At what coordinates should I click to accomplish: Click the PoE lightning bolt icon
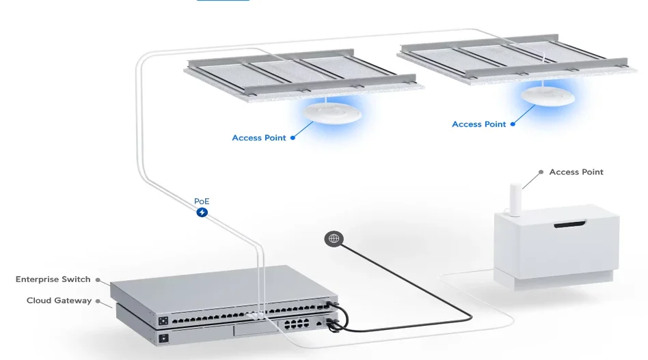[202, 212]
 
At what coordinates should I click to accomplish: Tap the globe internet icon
[334, 238]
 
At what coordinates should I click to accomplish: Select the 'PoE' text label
[202, 201]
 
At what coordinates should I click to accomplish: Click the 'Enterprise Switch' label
[53, 279]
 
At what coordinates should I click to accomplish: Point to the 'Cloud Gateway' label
[59, 301]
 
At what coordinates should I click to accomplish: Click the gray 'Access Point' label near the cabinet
[576, 172]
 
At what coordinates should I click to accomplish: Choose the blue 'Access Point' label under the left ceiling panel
[259, 138]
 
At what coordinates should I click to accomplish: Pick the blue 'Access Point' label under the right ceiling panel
[479, 124]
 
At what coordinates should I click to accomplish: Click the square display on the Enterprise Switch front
[164, 320]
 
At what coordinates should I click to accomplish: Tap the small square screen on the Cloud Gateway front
[164, 338]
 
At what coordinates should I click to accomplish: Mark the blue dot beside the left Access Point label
[293, 138]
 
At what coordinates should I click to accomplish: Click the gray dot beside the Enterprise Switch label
[98, 279]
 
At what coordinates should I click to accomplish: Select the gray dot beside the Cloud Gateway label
[98, 301]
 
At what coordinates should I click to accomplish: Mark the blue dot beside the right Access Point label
[513, 124]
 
